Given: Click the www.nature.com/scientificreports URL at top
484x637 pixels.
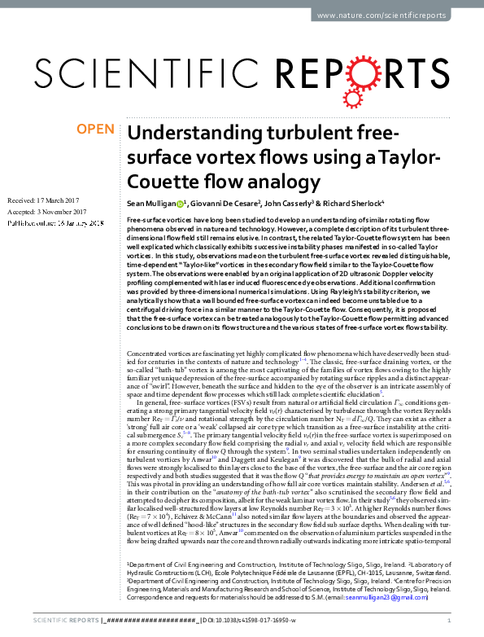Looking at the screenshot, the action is point(391,15).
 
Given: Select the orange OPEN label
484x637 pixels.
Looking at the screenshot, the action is point(94,130).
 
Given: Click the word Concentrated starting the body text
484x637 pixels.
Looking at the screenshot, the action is point(151,355).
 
